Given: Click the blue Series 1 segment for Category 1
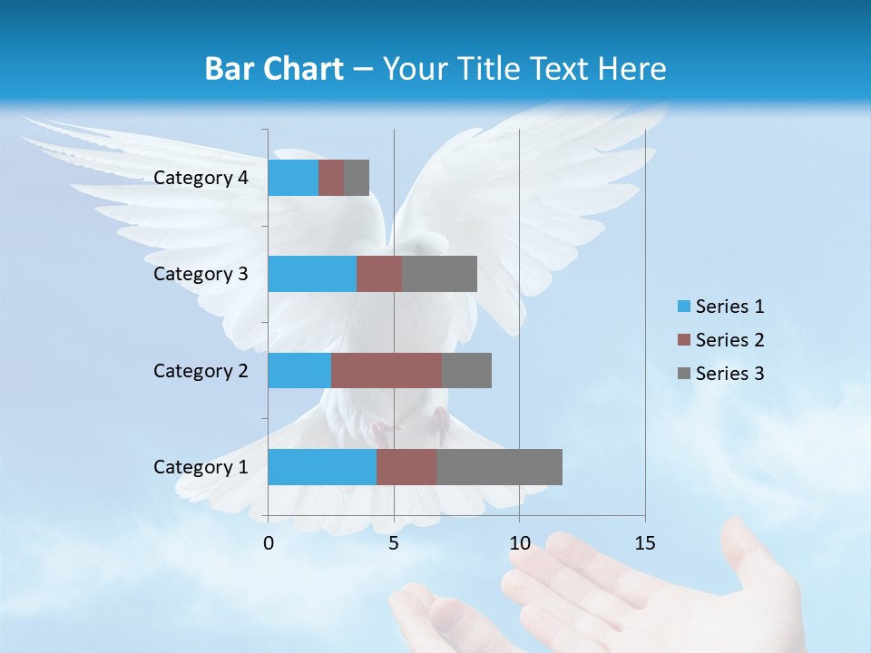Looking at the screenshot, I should click(x=322, y=467).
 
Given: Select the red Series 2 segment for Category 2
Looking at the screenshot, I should click(x=387, y=370).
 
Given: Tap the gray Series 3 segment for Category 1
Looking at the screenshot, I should click(x=499, y=467).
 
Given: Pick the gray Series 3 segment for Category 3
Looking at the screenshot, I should click(x=439, y=274).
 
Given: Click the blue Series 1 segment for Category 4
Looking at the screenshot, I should click(x=293, y=178).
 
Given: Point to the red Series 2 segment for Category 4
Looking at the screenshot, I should click(x=331, y=178).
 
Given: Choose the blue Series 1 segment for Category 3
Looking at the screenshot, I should click(x=312, y=274).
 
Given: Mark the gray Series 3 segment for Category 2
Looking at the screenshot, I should click(x=466, y=370).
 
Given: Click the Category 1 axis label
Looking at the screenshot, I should click(x=201, y=467).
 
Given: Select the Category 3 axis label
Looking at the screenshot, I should click(x=201, y=274).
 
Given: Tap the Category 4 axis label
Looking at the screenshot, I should click(x=201, y=178).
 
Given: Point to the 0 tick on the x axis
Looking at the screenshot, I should click(x=269, y=543).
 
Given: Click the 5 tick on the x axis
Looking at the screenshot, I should click(x=394, y=543).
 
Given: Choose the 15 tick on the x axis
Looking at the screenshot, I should click(x=645, y=543).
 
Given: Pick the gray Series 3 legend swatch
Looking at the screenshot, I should click(x=683, y=374).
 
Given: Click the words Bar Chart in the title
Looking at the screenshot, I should click(x=274, y=69).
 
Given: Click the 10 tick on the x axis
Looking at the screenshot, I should click(x=519, y=543).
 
